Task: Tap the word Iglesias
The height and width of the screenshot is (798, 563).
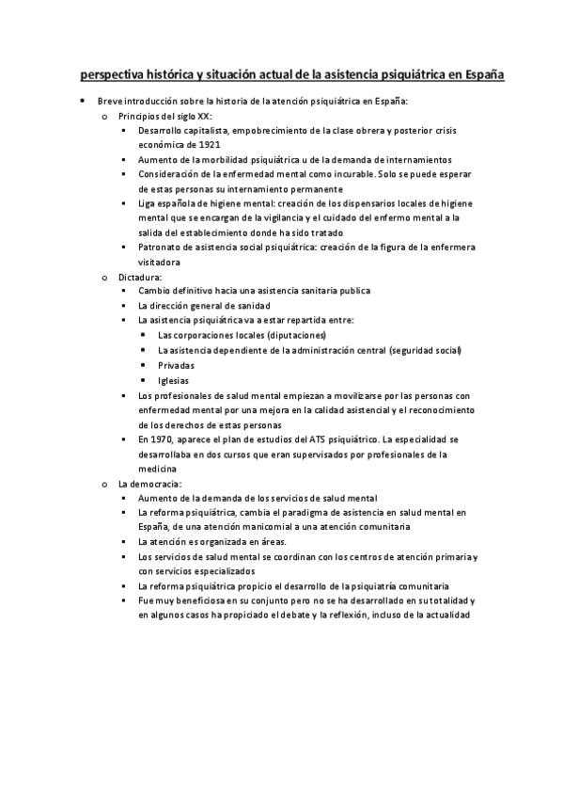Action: click(x=174, y=380)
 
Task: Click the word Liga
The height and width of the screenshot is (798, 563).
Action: click(x=146, y=203)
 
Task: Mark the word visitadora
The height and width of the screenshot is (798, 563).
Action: click(x=158, y=263)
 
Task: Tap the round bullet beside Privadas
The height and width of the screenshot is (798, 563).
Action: click(x=142, y=365)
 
